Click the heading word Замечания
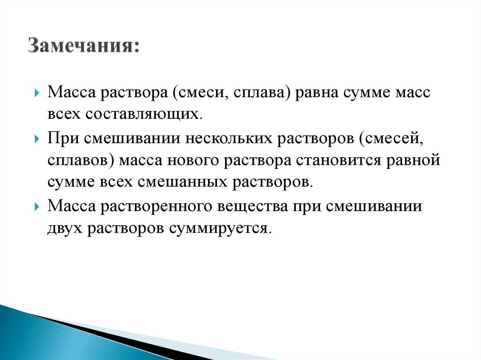(83, 47)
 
